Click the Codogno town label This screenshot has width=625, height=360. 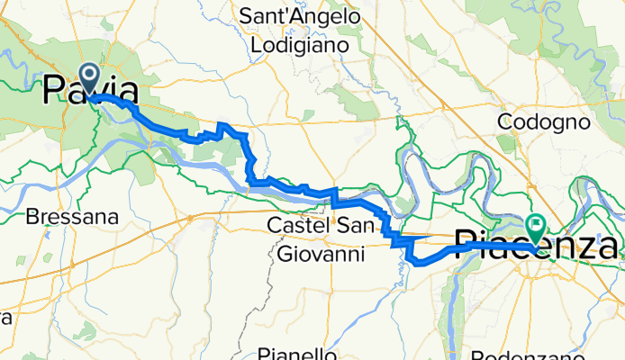[543, 121]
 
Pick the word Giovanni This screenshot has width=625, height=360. [321, 255]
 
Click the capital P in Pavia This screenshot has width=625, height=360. [55, 92]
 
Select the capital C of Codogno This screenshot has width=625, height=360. [506, 121]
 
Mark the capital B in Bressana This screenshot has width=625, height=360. [33, 217]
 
